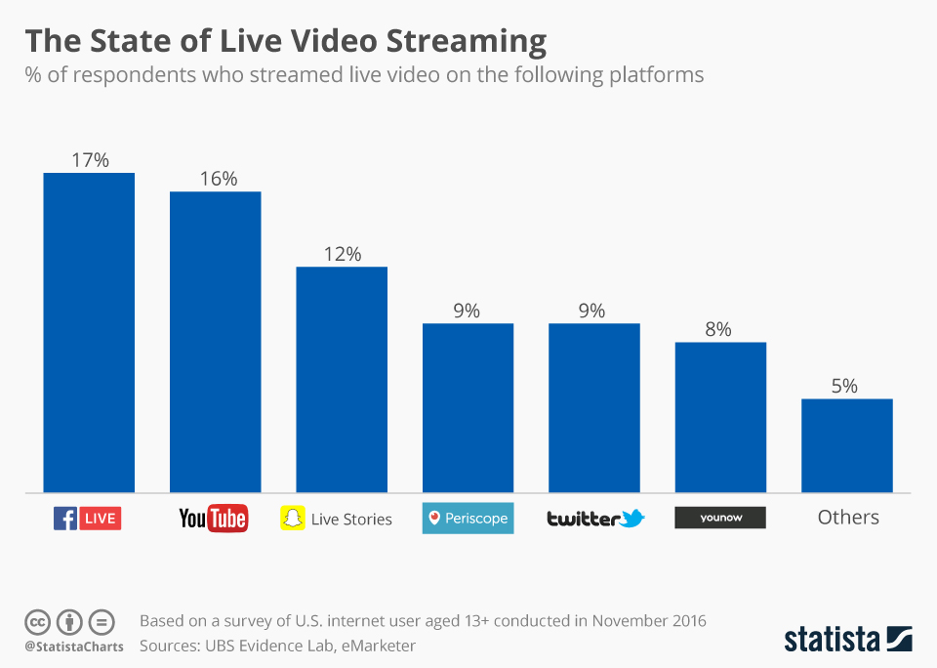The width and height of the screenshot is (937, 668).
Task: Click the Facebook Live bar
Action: point(89,332)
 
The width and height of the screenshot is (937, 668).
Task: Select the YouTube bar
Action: point(215,342)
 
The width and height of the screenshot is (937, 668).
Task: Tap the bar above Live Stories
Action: point(342,379)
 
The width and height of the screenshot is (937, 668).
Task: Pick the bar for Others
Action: point(847,445)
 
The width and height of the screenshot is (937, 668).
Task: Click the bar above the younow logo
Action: point(720,417)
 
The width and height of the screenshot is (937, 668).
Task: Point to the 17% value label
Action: point(89,159)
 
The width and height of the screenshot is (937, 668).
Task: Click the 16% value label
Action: point(216,179)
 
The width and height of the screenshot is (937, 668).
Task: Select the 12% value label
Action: point(342,254)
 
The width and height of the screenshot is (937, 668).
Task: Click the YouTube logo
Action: point(214,518)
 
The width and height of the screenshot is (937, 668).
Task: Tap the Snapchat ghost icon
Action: point(292,518)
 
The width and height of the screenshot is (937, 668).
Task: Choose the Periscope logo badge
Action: point(468,518)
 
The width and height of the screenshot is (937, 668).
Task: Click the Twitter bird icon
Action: point(632,518)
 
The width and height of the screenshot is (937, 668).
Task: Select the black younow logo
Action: point(720,518)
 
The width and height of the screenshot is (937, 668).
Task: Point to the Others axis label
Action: point(848,518)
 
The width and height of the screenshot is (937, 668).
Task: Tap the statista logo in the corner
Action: point(847,640)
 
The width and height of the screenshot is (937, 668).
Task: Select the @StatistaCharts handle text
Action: point(74,647)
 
